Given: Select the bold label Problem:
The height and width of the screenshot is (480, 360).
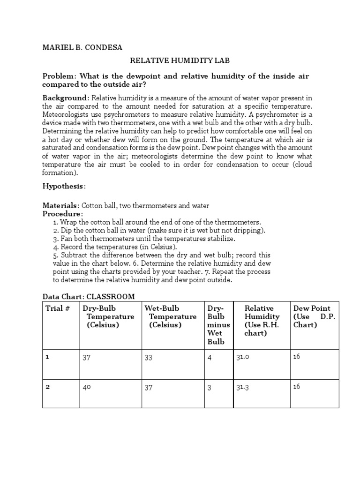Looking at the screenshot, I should point(60,76).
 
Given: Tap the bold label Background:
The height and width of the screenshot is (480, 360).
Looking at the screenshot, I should point(66,98).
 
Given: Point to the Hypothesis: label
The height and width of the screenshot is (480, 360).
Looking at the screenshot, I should point(64,187).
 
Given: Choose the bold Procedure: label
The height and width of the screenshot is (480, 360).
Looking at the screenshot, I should point(62,214).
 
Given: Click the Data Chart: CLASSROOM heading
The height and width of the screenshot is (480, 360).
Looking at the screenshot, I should point(89,297).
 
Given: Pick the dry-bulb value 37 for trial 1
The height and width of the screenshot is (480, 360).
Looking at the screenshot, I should point(86,357).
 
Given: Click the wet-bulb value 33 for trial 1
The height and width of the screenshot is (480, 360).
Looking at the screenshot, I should point(148,357).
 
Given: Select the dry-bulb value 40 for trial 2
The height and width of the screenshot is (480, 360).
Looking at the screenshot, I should point(87,387).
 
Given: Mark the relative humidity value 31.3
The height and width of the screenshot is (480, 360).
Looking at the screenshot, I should point(242,387).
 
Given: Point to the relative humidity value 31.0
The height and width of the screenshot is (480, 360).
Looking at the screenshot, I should point(242,357).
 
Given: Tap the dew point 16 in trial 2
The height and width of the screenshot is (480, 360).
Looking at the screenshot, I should point(297,387).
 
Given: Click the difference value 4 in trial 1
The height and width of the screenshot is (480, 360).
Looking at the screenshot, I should point(210,357).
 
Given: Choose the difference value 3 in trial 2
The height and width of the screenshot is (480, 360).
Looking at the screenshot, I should point(210,387).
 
